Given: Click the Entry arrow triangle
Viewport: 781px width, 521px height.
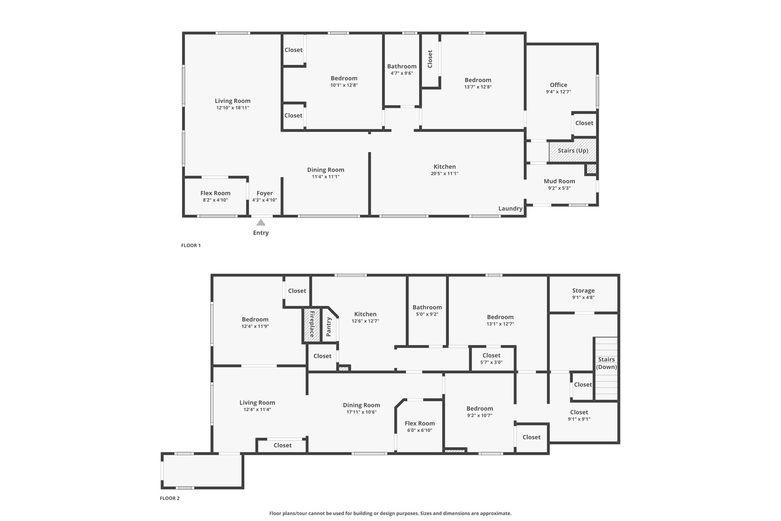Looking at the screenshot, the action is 261,223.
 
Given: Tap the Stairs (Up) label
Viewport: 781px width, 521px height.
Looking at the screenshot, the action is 573,150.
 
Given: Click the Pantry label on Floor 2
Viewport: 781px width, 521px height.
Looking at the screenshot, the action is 329,327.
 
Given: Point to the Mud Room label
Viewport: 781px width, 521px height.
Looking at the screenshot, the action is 559,181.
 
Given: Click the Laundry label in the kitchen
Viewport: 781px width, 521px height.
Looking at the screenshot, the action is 510,208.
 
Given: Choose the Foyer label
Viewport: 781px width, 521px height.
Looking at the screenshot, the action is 265,193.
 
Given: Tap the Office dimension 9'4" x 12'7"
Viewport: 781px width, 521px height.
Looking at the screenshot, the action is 558,92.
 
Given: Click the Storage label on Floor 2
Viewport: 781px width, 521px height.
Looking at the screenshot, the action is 583,291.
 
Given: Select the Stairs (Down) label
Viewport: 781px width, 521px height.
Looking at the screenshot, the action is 606,363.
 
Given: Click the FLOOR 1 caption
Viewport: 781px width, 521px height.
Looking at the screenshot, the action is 191,245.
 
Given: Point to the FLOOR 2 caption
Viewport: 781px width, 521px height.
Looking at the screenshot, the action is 170,498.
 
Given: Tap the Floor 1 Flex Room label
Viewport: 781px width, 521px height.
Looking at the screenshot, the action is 215,193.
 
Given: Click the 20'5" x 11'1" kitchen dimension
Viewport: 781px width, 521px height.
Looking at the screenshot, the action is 445,173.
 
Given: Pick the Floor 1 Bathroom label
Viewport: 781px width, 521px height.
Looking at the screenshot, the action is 402,66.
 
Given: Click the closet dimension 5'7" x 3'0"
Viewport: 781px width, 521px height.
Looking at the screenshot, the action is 492,362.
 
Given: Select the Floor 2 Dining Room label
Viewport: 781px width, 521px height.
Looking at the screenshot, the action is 362,405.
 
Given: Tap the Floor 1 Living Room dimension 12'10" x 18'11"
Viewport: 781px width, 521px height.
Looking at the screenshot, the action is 233,108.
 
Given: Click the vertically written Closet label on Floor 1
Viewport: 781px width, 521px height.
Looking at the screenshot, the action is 430,59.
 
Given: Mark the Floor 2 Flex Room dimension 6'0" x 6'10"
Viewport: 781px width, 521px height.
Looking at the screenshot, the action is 420,430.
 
